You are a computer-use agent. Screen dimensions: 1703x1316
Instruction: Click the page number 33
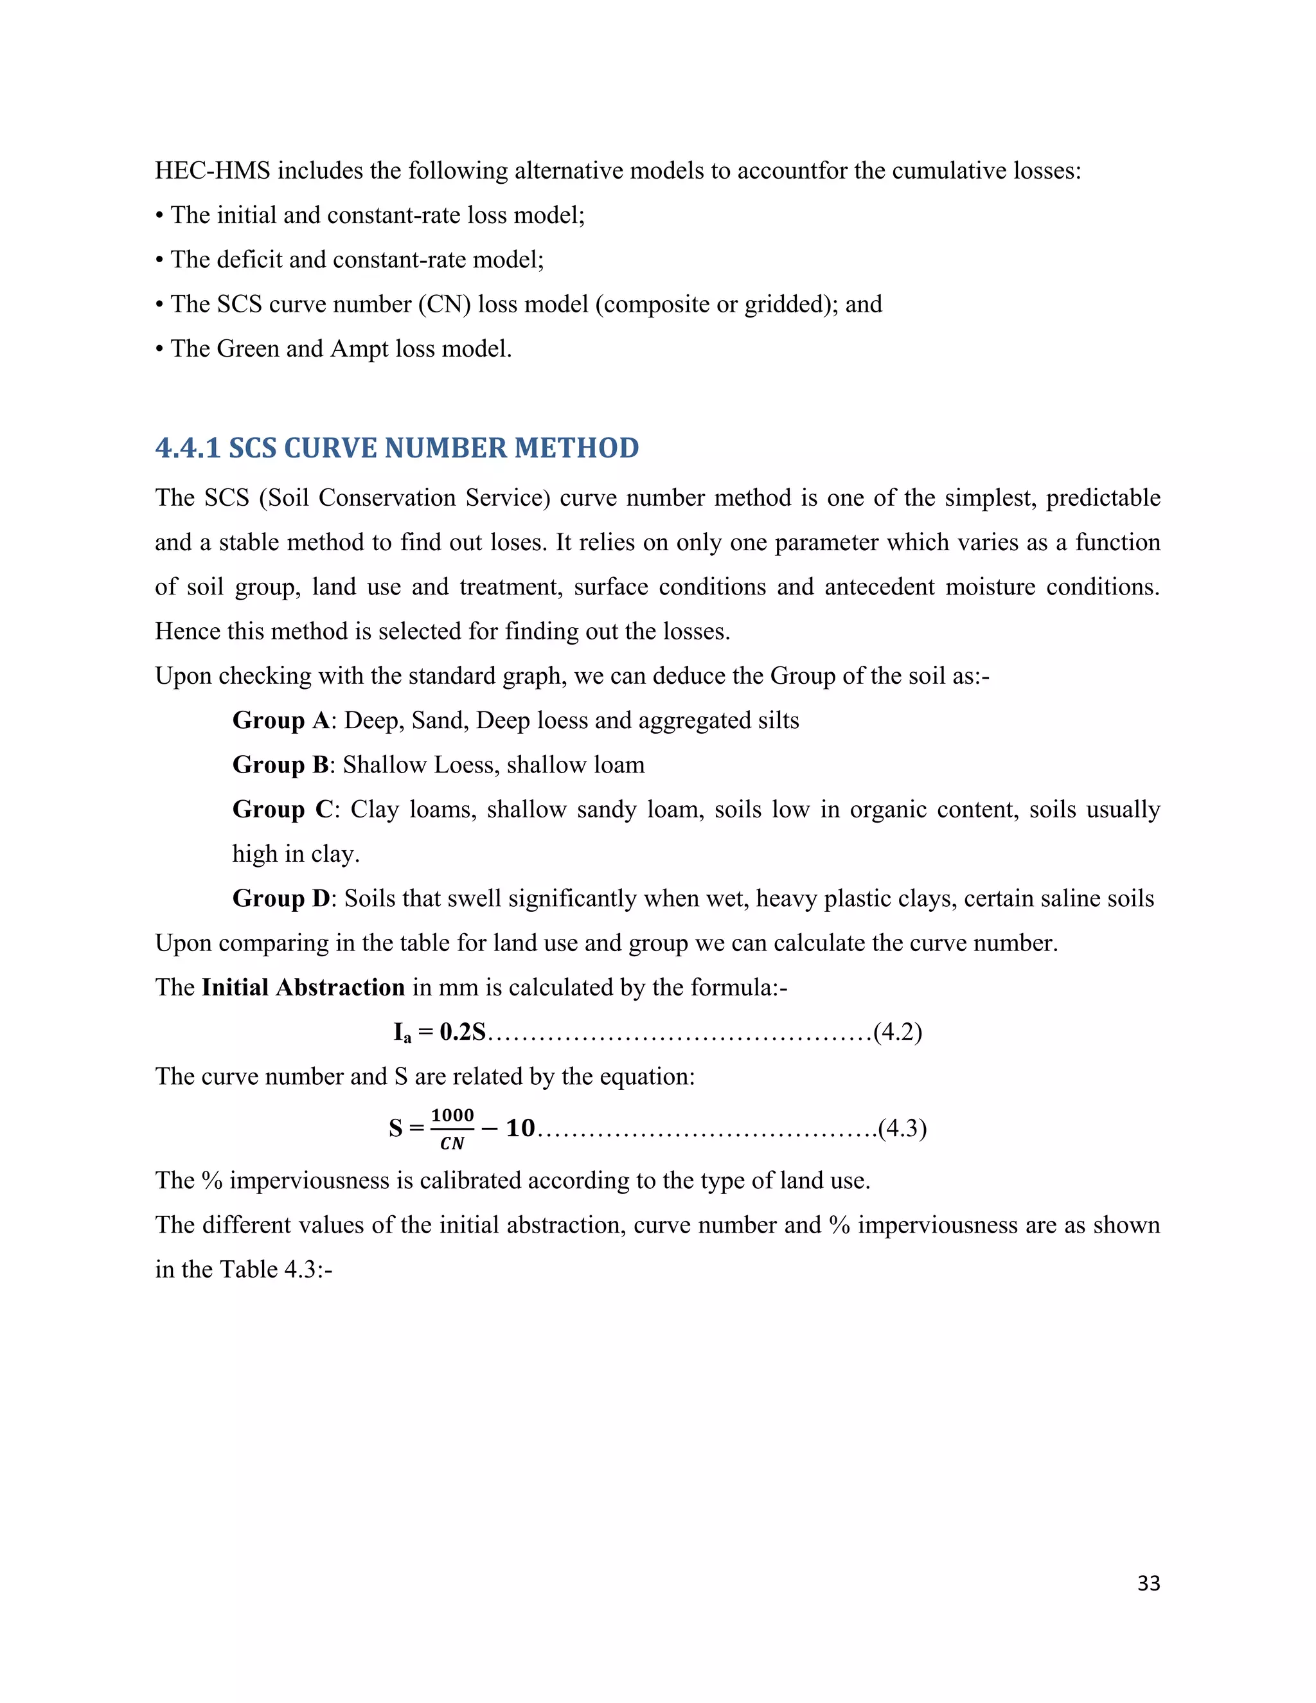(1148, 1582)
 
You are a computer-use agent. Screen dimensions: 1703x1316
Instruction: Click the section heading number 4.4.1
(188, 449)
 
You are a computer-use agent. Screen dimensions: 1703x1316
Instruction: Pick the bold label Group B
(281, 764)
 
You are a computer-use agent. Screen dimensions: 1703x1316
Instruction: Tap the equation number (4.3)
(902, 1128)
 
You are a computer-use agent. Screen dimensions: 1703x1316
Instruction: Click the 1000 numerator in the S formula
(452, 1115)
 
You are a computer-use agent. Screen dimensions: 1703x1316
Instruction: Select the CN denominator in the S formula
(452, 1143)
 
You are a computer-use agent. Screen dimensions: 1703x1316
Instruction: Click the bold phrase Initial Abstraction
(303, 987)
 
